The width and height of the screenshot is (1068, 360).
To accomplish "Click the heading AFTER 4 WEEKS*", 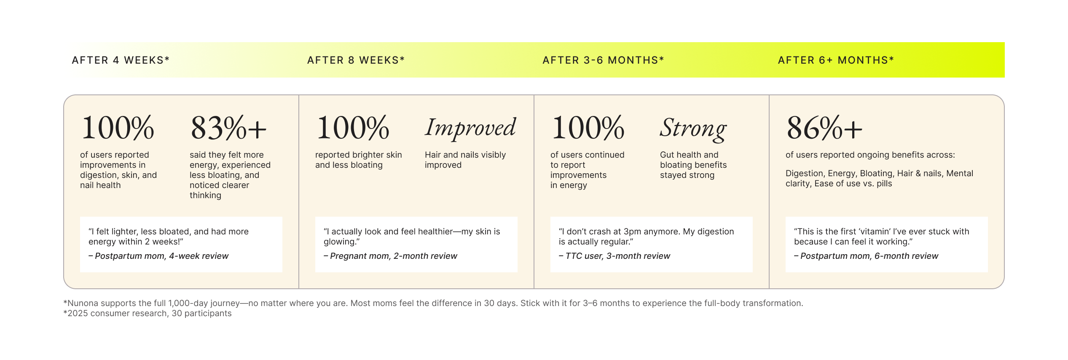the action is pyautogui.click(x=121, y=60).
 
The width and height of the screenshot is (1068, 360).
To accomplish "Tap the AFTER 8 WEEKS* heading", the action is pyautogui.click(x=356, y=60).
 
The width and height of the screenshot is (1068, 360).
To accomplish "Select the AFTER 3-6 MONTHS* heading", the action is pyautogui.click(x=603, y=60).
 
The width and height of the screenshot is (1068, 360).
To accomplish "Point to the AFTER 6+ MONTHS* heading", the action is pyautogui.click(x=836, y=60).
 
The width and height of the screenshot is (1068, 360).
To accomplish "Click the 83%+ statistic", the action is pyautogui.click(x=228, y=128).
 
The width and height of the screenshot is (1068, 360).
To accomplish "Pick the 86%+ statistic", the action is pyautogui.click(x=824, y=128).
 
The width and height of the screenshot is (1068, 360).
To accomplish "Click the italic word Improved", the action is pyautogui.click(x=470, y=128).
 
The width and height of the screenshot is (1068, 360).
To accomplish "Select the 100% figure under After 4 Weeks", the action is pyautogui.click(x=118, y=128).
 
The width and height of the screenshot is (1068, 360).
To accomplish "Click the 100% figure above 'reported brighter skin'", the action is pyautogui.click(x=353, y=128).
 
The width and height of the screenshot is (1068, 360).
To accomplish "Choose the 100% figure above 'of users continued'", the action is pyautogui.click(x=588, y=128).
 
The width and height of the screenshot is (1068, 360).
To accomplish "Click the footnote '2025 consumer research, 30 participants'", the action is pyautogui.click(x=149, y=313).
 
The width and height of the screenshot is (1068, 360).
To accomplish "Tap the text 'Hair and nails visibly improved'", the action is pyautogui.click(x=465, y=160).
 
